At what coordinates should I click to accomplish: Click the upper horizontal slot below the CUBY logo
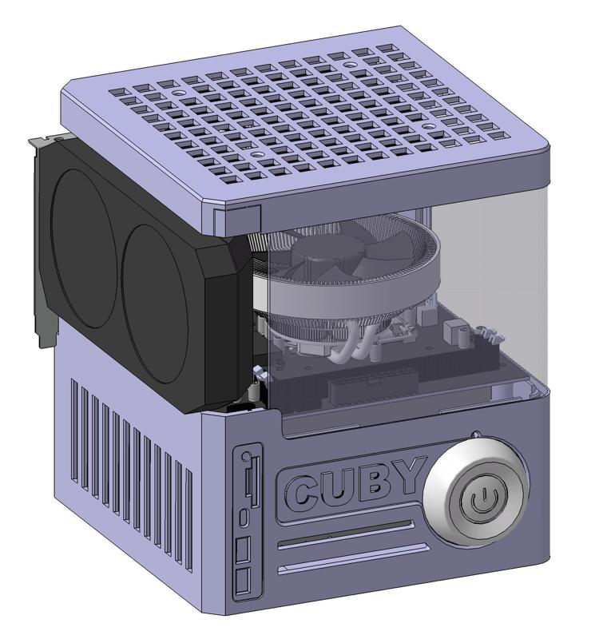click(x=346, y=533)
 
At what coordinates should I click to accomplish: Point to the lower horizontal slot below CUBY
click(x=353, y=558)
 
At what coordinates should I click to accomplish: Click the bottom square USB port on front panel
click(x=243, y=581)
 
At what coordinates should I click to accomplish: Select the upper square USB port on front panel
click(x=243, y=550)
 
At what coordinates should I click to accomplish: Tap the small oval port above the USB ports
click(x=244, y=518)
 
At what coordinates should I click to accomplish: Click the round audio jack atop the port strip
click(x=245, y=456)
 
